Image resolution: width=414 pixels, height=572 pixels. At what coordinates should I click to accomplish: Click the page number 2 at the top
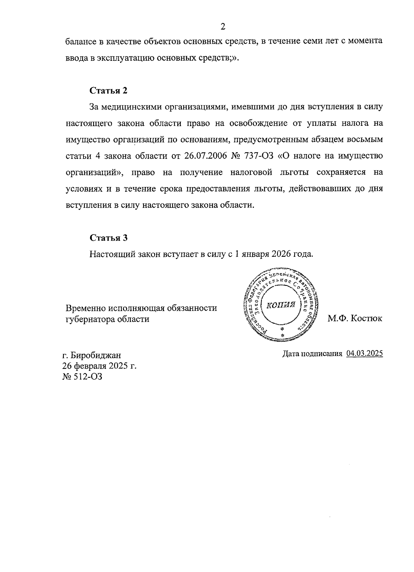[223, 27]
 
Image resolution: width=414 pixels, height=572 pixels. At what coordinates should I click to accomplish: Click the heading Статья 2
[108, 91]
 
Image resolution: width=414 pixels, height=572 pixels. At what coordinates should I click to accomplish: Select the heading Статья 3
[108, 238]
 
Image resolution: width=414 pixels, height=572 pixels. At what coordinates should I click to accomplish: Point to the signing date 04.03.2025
[365, 354]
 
